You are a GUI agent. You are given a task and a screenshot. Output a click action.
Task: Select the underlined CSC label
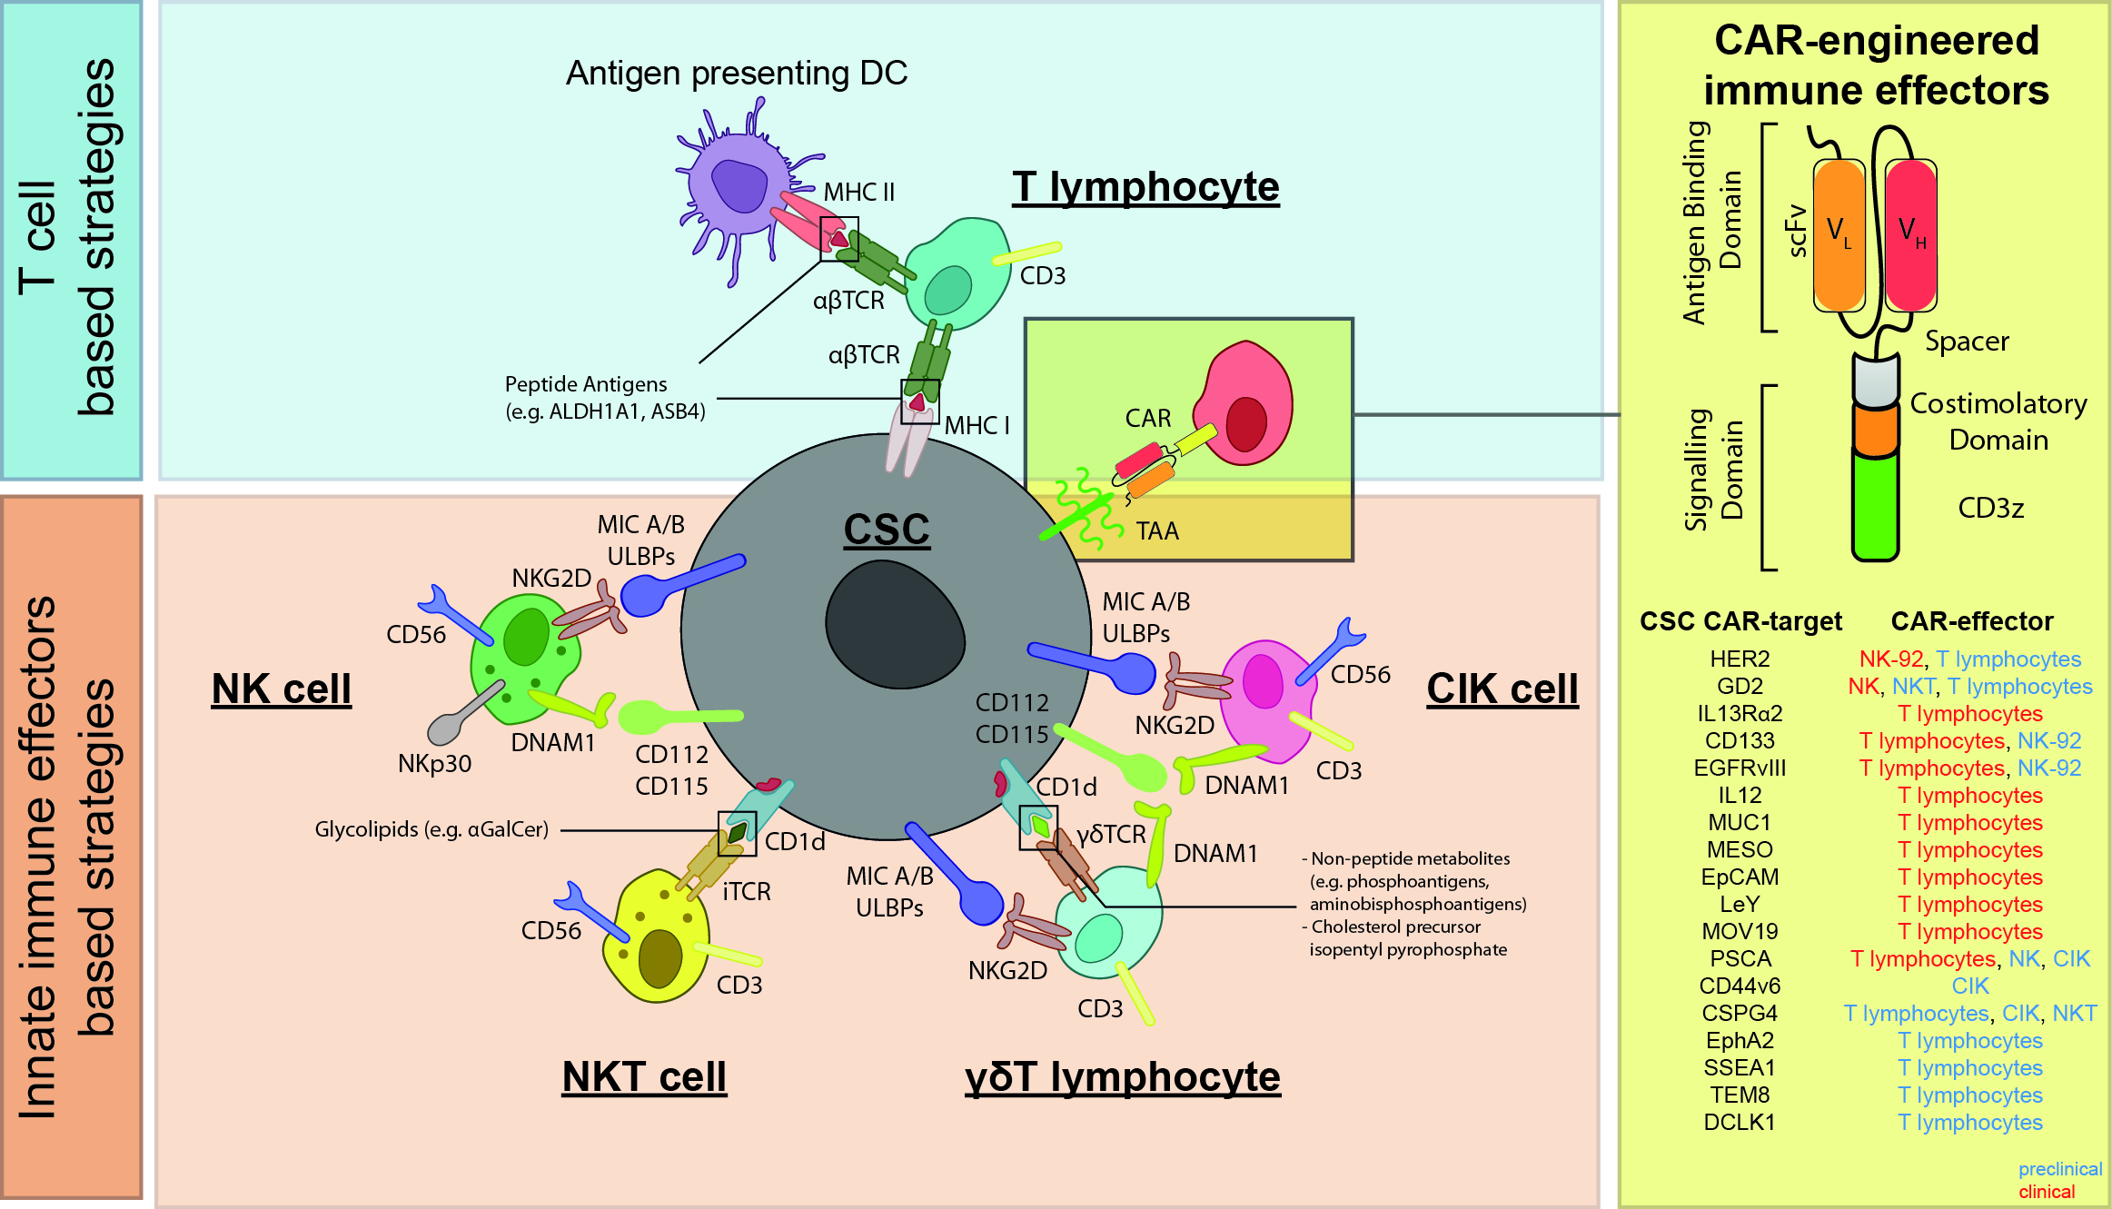[x=887, y=530]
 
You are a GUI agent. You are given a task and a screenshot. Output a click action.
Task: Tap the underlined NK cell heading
[x=281, y=689]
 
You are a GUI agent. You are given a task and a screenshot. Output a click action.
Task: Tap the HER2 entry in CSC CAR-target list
[x=1740, y=659]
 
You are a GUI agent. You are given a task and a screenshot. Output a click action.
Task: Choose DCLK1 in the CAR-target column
[x=1739, y=1123]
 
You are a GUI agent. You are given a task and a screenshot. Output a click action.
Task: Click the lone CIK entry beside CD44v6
[x=1969, y=986]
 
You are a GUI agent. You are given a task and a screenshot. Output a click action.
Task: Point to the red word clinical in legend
[x=2047, y=1192]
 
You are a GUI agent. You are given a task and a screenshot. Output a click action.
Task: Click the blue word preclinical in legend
[x=2059, y=1169]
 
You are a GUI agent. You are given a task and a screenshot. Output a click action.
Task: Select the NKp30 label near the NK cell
[x=434, y=764]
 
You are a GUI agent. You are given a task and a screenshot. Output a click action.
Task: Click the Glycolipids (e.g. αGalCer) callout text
[x=431, y=829]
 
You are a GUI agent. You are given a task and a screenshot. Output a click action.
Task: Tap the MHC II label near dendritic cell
[x=858, y=193]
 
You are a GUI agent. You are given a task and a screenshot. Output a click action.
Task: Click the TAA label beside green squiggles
[x=1156, y=531]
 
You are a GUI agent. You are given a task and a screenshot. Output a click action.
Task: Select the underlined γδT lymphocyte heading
[x=1122, y=1078]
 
